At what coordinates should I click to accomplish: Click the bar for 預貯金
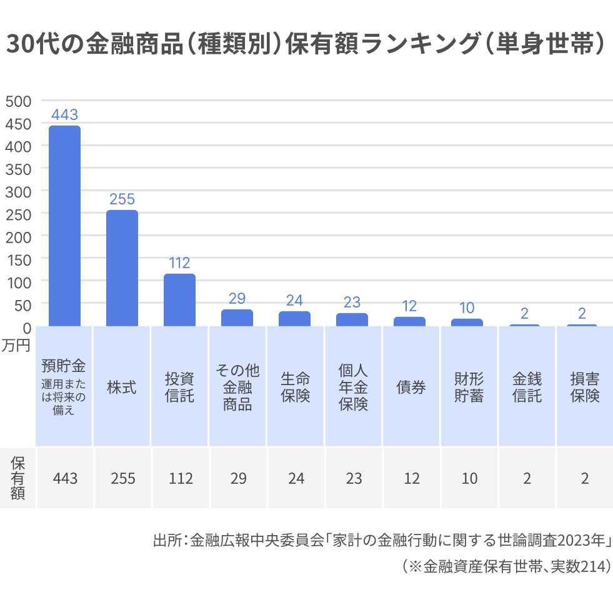[65, 226]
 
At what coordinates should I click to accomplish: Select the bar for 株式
[122, 268]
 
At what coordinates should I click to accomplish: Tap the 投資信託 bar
[180, 300]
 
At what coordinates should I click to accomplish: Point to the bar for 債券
[409, 321]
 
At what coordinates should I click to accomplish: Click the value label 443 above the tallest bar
[65, 115]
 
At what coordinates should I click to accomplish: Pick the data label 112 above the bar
[180, 263]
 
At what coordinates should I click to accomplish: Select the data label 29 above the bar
[237, 298]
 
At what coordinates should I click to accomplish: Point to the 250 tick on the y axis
[17, 214]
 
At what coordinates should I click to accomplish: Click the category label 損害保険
[585, 387]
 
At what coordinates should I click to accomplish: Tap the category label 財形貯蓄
[469, 387]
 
